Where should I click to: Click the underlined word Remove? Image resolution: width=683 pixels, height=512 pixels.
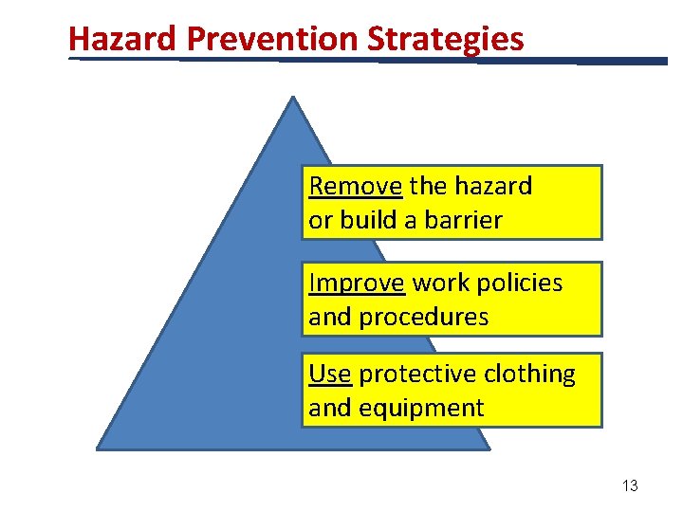click(357, 186)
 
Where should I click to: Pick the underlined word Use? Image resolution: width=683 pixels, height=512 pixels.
click(330, 375)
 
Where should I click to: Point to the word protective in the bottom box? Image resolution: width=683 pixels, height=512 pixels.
click(417, 375)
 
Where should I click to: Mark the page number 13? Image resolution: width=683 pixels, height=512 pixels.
click(630, 485)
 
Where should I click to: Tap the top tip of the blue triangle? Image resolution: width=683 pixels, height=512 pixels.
click(293, 99)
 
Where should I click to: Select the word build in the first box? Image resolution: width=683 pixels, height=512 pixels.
click(365, 220)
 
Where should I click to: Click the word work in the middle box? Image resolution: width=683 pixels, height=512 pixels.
click(442, 283)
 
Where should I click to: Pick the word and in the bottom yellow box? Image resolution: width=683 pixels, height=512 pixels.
click(329, 409)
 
